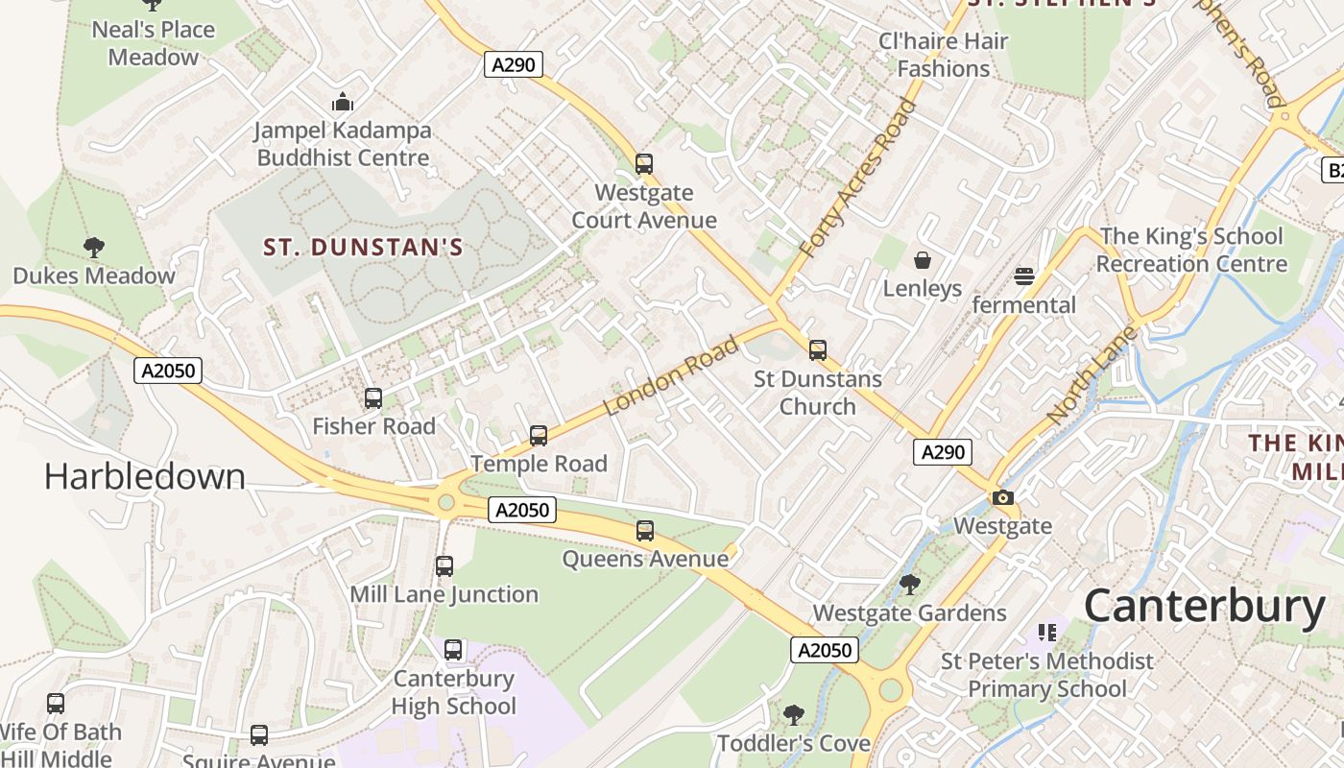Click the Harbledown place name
[145, 477]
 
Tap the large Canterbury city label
[1204, 607]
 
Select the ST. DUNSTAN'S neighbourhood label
[364, 248]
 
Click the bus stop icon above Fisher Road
[373, 397]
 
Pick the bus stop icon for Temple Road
[539, 436]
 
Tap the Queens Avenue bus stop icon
[645, 531]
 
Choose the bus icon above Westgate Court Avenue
[644, 164]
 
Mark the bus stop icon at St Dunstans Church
[818, 350]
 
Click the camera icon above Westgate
[1003, 497]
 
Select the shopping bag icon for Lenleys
[923, 260]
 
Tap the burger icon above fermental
[1024, 276]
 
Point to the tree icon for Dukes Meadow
[94, 248]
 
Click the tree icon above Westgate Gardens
[910, 584]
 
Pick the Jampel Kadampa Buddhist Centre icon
[343, 102]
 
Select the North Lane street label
[1092, 375]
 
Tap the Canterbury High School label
[454, 692]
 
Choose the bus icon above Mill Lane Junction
[444, 566]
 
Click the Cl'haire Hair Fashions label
[944, 55]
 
